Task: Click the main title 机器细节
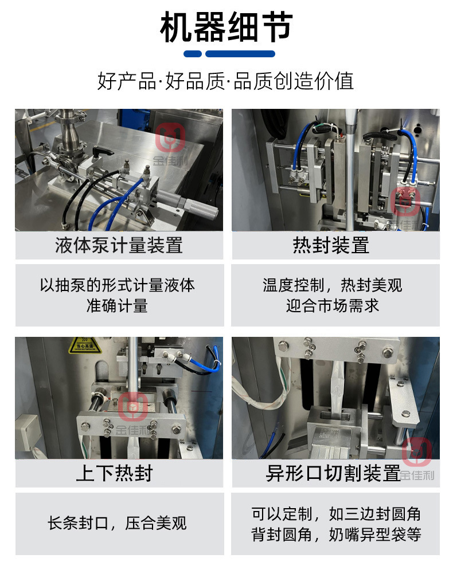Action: [226, 27]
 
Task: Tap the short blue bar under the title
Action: [193, 54]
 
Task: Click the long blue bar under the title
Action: [240, 54]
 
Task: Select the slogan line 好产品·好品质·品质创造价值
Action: [226, 81]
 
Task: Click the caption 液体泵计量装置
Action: [119, 245]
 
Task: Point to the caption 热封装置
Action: [331, 245]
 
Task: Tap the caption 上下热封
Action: [115, 473]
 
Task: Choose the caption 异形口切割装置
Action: [333, 473]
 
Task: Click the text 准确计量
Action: [117, 305]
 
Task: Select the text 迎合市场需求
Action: [333, 305]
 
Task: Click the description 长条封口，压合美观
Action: [117, 523]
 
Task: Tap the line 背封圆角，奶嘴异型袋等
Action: [336, 534]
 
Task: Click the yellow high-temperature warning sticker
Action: [85, 345]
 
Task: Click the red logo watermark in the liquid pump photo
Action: [170, 137]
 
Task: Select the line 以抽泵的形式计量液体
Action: [117, 285]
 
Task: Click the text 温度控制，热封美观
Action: [333, 285]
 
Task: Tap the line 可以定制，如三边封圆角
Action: [336, 514]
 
